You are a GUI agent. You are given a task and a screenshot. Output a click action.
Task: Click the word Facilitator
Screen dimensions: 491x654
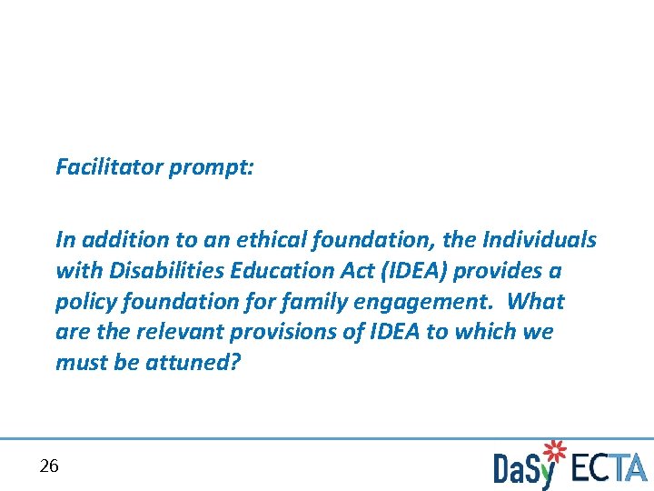[x=109, y=167]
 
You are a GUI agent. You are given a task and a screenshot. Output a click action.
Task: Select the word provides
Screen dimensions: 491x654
[x=490, y=271]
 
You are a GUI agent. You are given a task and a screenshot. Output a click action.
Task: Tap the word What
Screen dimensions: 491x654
[x=536, y=302]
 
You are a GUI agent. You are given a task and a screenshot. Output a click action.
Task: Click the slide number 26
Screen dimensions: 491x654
[x=49, y=466]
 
